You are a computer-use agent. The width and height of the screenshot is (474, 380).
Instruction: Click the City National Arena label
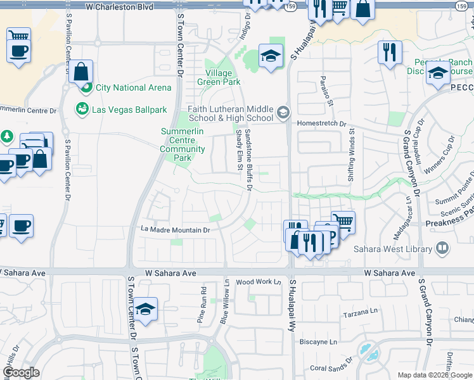[x=134, y=87]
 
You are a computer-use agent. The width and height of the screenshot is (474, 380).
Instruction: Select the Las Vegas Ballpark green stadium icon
[x=82, y=110]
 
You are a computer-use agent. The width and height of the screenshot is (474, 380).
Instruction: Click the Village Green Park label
[x=219, y=77]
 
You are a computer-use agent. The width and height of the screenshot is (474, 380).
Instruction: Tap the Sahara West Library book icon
[x=442, y=248]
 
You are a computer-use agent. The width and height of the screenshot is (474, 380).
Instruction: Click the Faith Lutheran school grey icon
[x=283, y=113]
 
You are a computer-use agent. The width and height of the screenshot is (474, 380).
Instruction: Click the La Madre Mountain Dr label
[x=176, y=230]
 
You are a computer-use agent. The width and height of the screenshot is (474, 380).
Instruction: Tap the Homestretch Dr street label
[x=322, y=124]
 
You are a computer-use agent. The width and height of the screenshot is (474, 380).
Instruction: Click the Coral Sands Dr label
[x=330, y=368]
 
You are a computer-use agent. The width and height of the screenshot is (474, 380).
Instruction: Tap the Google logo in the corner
[x=21, y=372]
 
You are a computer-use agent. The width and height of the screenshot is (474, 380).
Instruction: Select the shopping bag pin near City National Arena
[x=82, y=72]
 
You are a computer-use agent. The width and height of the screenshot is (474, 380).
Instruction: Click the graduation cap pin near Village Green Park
[x=270, y=57]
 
